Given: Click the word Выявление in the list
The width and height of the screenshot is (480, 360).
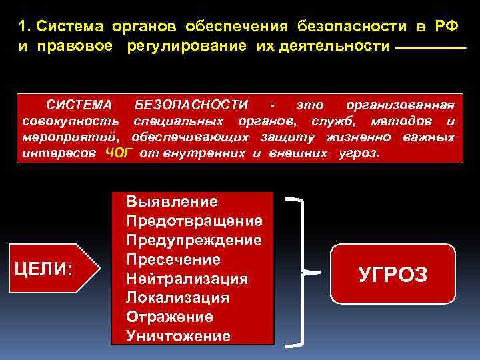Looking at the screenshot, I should tap(171, 201).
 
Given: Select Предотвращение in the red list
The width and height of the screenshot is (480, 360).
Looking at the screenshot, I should tap(193, 221).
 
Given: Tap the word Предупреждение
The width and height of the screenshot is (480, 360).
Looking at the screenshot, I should tap(193, 239).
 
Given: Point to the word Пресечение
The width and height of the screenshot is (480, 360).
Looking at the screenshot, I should tap(173, 259).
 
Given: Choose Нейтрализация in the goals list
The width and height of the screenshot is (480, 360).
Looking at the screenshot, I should tap(187, 278).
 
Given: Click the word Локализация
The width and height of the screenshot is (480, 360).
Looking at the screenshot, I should tap(177, 297).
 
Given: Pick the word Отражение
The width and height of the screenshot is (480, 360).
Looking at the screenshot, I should tap(169, 317).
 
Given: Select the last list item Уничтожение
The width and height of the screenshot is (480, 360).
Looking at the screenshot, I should tap(178, 336).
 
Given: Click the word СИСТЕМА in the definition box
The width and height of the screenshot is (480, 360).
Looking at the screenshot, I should tap(79, 105).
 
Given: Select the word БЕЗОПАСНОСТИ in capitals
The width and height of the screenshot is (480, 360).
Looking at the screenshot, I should tap(190, 105).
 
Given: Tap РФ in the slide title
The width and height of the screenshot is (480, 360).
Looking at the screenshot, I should tap(446, 26).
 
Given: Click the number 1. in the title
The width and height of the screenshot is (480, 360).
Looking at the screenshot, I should tap(25, 26).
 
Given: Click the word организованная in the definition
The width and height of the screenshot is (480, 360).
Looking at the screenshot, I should tap(401, 105).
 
